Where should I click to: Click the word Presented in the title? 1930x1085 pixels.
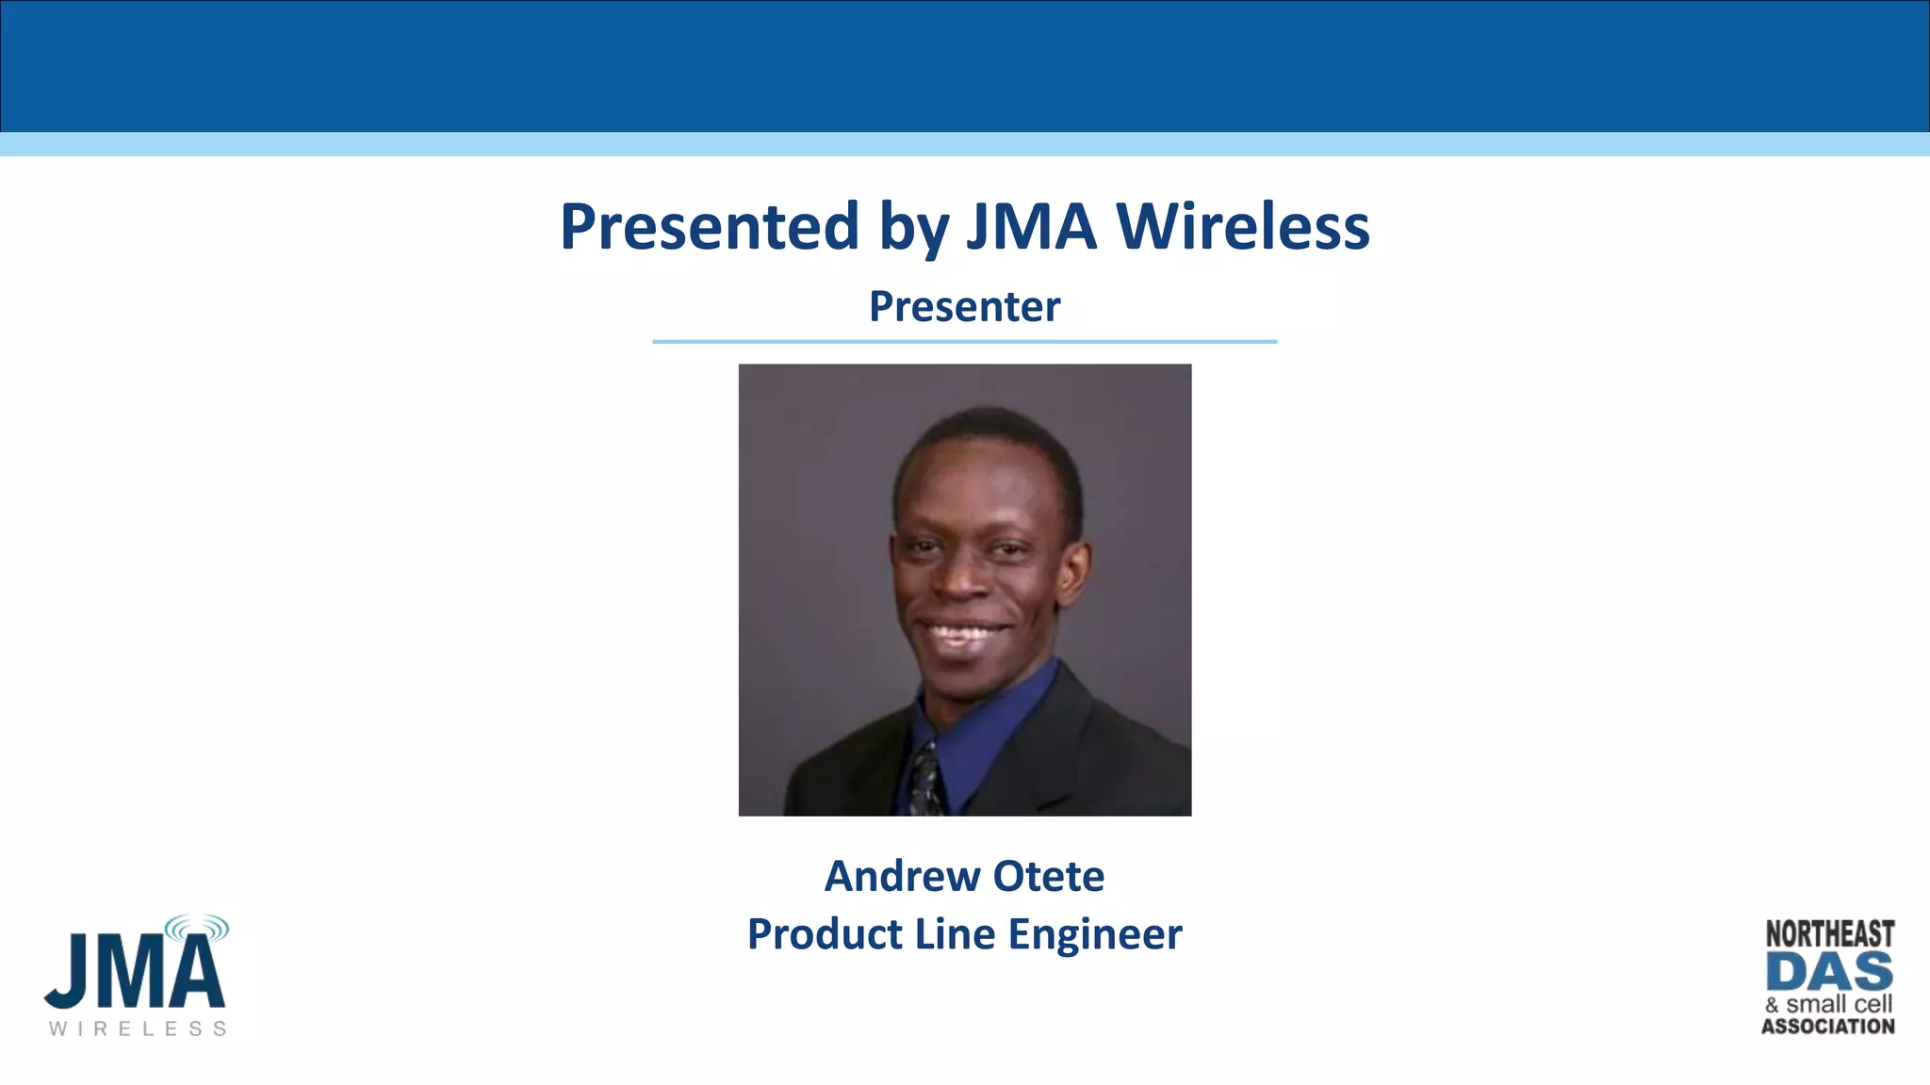[709, 227]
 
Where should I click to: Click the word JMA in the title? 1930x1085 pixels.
[1032, 227]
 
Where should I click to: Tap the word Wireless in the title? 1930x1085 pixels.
[1243, 227]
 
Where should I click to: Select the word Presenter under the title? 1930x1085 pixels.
[964, 306]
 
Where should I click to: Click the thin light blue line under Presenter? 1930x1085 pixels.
[964, 342]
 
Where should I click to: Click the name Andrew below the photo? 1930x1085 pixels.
[902, 876]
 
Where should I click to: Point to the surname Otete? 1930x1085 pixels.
[1049, 876]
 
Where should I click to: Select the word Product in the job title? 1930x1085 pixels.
[825, 934]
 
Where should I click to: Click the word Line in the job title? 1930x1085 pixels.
[955, 934]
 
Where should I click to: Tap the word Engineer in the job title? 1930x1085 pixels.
[1095, 934]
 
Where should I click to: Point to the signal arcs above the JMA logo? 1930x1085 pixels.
[197, 929]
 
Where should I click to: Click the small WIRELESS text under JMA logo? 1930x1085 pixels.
[138, 1028]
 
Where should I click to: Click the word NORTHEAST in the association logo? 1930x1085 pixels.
[1829, 933]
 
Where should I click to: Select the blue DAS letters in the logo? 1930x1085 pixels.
[1829, 971]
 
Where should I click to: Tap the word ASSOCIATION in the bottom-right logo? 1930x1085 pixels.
[1828, 1027]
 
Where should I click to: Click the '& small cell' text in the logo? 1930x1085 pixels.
[1829, 1004]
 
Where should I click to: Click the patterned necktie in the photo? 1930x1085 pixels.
[925, 780]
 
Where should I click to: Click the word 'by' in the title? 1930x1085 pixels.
[912, 227]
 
